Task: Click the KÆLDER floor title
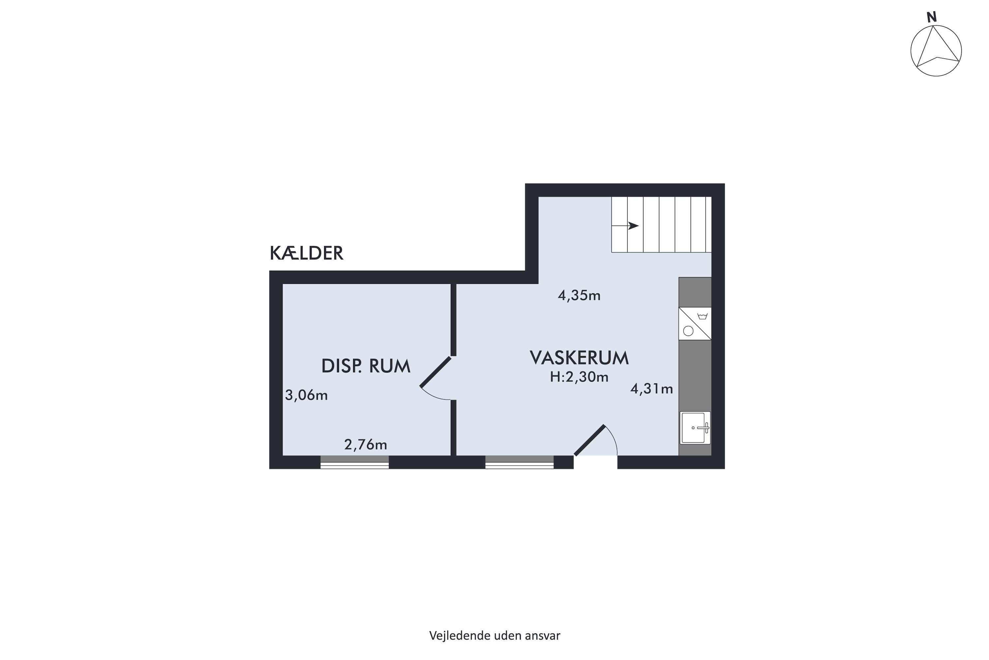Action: [307, 253]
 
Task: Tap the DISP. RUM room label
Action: [366, 366]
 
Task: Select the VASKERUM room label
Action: [579, 358]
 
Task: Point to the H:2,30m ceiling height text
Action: [579, 377]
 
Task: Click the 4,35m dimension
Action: [579, 295]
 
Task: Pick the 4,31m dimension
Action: [651, 388]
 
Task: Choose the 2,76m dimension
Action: [365, 445]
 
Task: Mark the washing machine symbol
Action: [695, 323]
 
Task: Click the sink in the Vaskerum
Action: [695, 428]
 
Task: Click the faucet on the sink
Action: [704, 428]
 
